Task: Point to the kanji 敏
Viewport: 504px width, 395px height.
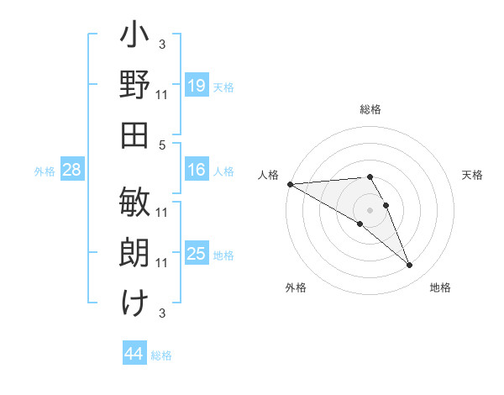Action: pyautogui.click(x=135, y=203)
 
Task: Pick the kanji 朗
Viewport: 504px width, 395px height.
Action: pyautogui.click(x=135, y=252)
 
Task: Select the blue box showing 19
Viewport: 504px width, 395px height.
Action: pyautogui.click(x=196, y=85)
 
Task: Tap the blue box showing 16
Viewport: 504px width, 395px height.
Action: pyautogui.click(x=196, y=170)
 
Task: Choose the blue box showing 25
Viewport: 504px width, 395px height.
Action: pyautogui.click(x=196, y=254)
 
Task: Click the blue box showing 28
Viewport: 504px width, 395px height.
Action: pyautogui.click(x=71, y=170)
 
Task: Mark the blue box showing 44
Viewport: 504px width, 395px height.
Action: pyautogui.click(x=134, y=354)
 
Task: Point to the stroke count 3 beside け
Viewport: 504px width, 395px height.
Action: pyautogui.click(x=162, y=313)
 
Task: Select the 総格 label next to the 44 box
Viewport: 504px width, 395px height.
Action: pyautogui.click(x=161, y=355)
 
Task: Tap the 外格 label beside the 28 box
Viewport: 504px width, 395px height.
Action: pyautogui.click(x=45, y=171)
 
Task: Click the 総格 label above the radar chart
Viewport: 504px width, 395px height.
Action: pyautogui.click(x=370, y=109)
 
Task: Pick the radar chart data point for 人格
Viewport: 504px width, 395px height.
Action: pyautogui.click(x=290, y=184)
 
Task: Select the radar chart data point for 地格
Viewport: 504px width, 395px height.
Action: pyautogui.click(x=410, y=266)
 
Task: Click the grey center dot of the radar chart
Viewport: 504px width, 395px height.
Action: pyautogui.click(x=370, y=209)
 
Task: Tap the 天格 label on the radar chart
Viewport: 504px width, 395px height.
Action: pyautogui.click(x=473, y=175)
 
